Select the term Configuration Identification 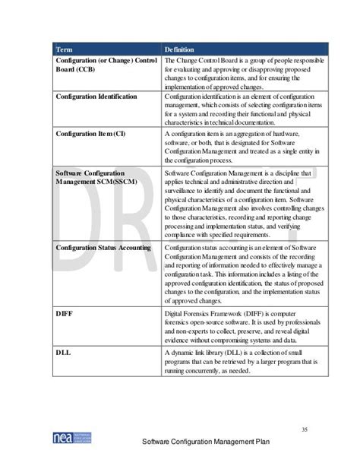(x=96, y=97)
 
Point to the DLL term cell (x=65, y=353)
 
